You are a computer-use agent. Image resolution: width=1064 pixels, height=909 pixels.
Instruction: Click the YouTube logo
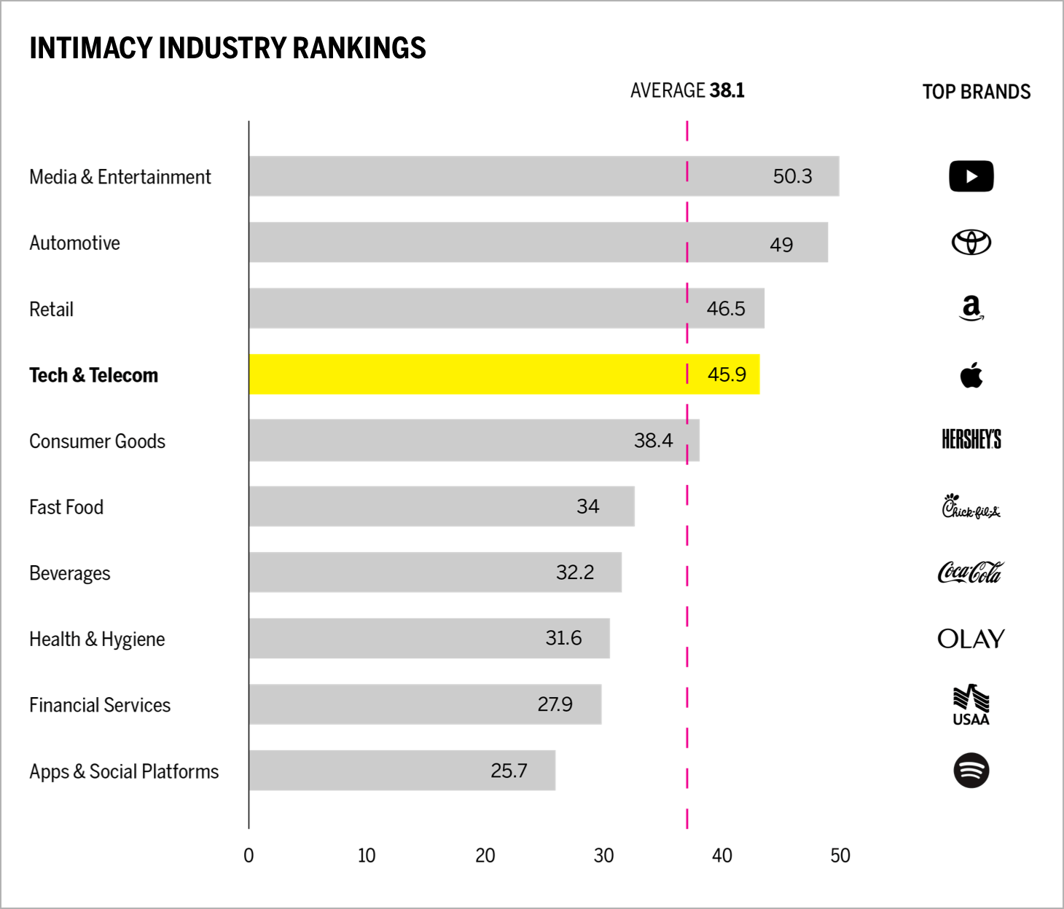point(971,176)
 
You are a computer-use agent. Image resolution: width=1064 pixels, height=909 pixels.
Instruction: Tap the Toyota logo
point(971,243)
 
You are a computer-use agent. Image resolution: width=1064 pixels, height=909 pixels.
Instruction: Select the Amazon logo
point(971,308)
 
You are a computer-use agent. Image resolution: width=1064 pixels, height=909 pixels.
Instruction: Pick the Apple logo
point(971,375)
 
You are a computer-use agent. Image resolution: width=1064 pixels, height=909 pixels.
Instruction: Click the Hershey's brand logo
point(971,439)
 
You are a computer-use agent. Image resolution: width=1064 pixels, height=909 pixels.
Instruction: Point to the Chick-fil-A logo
point(971,506)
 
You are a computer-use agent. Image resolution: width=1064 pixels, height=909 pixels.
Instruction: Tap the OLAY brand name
point(971,639)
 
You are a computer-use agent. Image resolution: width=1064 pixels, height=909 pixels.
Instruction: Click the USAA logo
point(971,705)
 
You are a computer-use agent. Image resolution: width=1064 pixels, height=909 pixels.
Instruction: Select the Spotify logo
point(971,771)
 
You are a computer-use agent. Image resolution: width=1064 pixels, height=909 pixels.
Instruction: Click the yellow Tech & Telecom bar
point(466,374)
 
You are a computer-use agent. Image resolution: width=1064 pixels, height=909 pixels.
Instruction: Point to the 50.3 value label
point(792,176)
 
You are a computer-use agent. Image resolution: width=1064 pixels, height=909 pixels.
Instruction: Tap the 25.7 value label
point(509,771)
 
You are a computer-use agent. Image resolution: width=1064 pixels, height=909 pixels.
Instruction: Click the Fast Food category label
point(66,507)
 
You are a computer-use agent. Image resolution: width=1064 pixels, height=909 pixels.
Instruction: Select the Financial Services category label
point(100,705)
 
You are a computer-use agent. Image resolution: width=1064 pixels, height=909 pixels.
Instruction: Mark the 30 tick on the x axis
point(603,856)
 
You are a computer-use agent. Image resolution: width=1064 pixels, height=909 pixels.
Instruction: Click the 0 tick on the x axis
point(249,856)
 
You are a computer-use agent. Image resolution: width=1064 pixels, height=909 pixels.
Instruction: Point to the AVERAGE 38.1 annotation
point(687,90)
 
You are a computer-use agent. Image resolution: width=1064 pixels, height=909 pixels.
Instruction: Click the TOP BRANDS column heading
point(976,92)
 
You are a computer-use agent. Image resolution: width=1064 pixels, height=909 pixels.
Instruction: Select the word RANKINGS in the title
point(359,48)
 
